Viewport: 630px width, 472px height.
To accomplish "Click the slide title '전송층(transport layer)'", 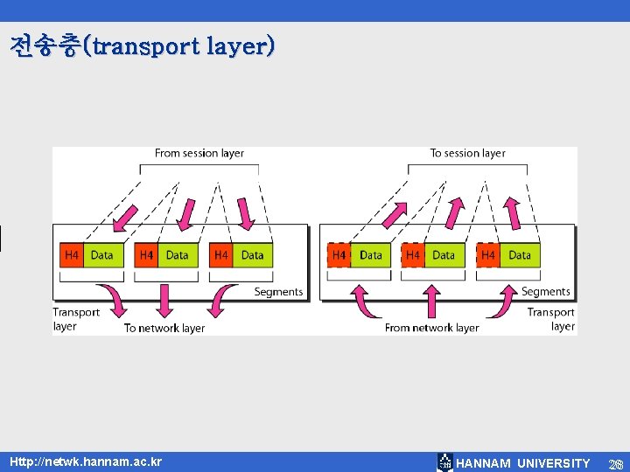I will (143, 45).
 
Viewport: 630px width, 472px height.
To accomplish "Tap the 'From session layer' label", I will (199, 153).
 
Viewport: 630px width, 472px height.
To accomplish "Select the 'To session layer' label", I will (467, 153).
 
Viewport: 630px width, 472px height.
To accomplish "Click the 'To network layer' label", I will (164, 328).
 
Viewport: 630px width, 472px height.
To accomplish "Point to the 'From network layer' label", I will (431, 328).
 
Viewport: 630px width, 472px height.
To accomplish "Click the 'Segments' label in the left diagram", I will (278, 292).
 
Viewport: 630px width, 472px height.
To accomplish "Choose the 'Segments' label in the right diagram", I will (545, 292).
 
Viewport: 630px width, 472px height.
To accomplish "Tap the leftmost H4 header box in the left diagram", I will (71, 255).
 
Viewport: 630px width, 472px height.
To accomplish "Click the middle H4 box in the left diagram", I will (146, 255).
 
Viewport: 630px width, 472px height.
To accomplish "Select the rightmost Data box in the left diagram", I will (252, 255).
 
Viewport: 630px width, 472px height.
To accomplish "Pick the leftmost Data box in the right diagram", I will (371, 255).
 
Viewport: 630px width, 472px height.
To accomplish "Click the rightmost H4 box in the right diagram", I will (488, 255).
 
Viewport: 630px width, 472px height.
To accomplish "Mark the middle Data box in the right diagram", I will (444, 255).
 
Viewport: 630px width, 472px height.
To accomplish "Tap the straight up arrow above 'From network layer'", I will (431, 300).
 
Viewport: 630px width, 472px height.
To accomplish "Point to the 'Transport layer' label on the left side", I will (76, 319).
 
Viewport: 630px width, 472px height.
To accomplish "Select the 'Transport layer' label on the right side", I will (551, 319).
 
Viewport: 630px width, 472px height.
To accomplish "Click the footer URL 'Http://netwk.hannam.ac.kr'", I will (86, 461).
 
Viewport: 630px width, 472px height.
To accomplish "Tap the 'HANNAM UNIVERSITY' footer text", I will (523, 462).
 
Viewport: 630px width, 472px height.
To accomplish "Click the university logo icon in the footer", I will (445, 462).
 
